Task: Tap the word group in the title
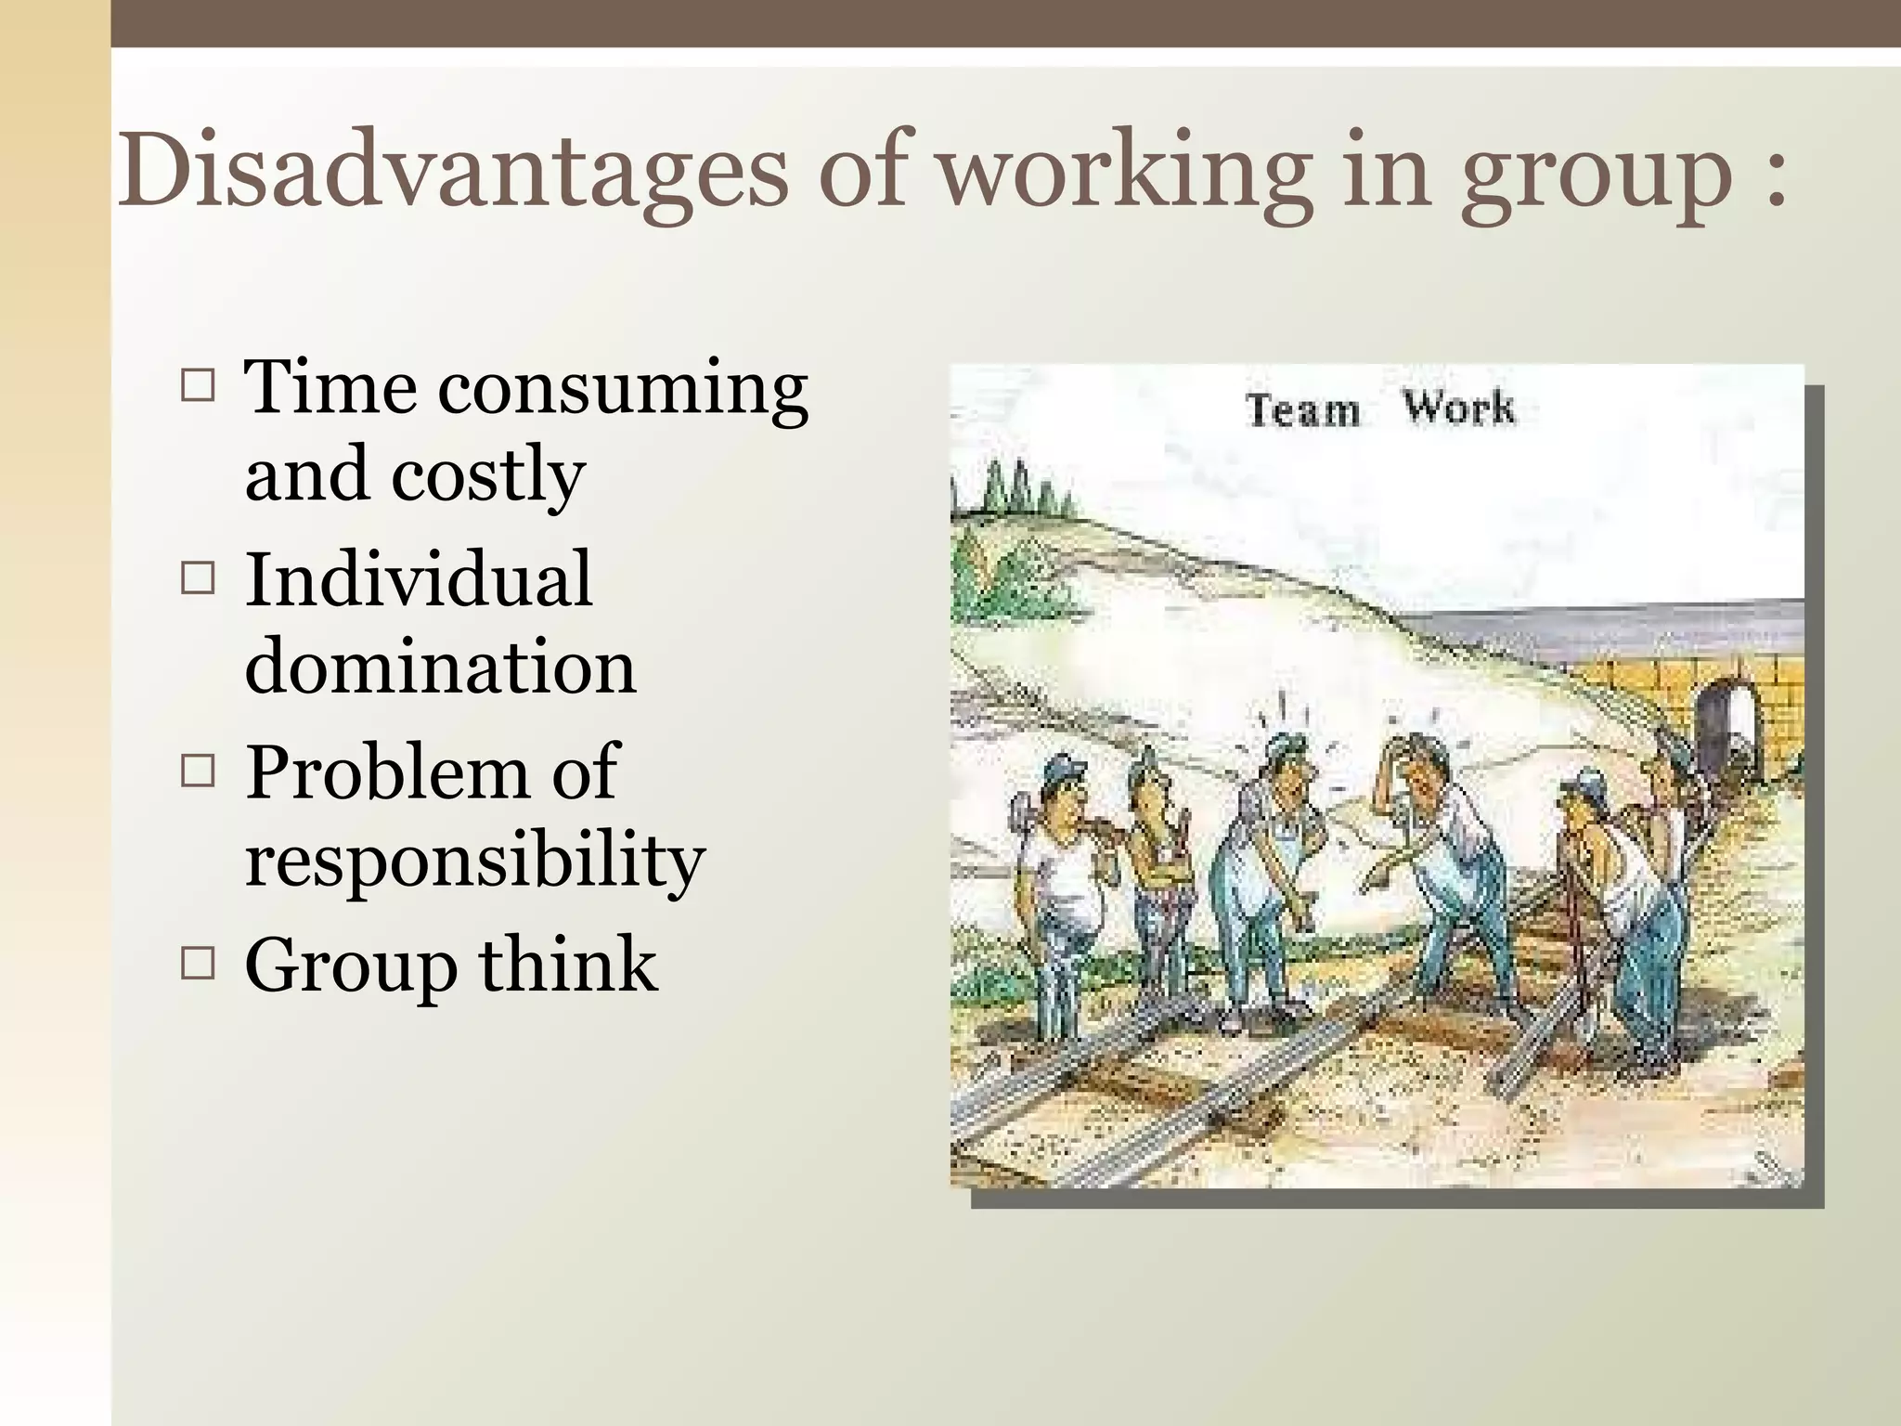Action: click(1597, 176)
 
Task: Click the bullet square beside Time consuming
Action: click(198, 385)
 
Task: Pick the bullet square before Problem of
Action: click(198, 771)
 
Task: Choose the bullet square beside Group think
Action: click(198, 964)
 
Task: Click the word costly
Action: click(487, 475)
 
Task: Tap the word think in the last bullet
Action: click(567, 964)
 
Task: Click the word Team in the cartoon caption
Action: click(1302, 409)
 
